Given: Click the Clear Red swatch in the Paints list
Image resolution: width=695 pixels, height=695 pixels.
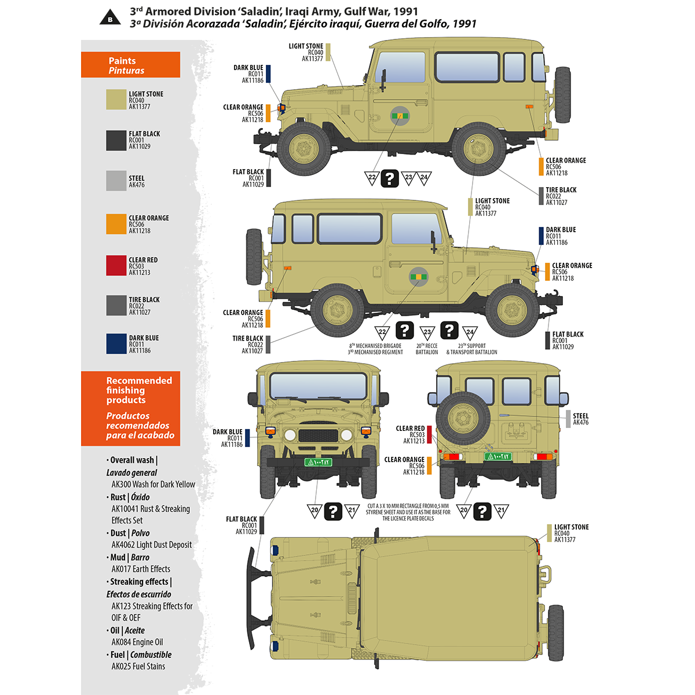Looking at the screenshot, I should click(x=116, y=265).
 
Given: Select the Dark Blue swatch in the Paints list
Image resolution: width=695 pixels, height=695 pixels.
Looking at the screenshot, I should click(x=116, y=343).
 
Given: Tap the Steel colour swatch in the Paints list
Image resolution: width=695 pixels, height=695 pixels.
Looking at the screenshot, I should click(x=116, y=181).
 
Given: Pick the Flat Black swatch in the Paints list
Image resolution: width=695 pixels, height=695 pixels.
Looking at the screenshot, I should click(x=116, y=140).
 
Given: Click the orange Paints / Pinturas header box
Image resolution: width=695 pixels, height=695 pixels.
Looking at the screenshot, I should click(x=130, y=65).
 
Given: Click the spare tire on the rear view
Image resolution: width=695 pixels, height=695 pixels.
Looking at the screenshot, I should click(x=463, y=418).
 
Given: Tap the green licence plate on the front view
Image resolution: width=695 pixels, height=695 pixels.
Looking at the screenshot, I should click(x=317, y=462).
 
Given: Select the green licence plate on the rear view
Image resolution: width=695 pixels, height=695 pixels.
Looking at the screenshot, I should click(x=498, y=456).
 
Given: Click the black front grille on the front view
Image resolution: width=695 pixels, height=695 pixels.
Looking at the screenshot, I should click(x=317, y=436).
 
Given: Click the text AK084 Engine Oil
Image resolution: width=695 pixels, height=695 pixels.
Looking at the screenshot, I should click(x=137, y=642).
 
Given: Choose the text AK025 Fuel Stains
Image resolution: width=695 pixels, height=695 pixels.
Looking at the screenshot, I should click(x=138, y=666).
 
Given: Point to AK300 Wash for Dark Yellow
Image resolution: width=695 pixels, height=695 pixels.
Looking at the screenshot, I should click(x=153, y=484).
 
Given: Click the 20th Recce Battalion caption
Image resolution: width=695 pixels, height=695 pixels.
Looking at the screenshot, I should click(x=427, y=349).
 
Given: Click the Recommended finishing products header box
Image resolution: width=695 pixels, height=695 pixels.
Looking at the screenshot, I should click(x=130, y=408).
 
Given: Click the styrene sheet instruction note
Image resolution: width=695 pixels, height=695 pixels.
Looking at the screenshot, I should click(x=408, y=512).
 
